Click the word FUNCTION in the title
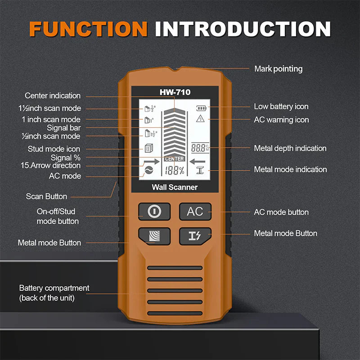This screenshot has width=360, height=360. click(88, 28)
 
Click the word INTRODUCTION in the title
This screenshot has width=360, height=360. click(243, 28)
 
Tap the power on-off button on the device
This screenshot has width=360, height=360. click(154, 211)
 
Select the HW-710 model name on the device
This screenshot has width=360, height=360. click(175, 92)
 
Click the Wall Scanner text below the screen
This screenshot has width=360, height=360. click(175, 187)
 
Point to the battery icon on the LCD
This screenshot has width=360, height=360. click(200, 108)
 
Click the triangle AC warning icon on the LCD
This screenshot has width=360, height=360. click(200, 119)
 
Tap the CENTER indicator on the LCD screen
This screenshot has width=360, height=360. click(174, 159)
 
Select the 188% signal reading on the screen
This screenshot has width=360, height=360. click(174, 171)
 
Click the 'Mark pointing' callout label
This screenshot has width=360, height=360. click(278, 69)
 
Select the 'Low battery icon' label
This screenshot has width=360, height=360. click(281, 106)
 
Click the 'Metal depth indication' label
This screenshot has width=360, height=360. click(290, 148)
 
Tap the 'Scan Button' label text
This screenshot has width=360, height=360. click(46, 196)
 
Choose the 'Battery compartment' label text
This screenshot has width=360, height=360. click(54, 288)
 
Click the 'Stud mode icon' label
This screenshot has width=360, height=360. click(54, 149)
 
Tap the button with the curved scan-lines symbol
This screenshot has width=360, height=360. click(154, 235)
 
